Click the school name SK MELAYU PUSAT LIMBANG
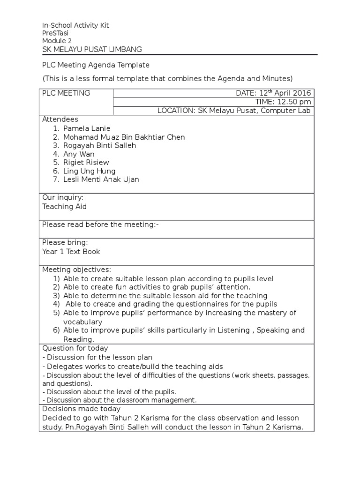(x=92, y=49)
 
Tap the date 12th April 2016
(x=274, y=93)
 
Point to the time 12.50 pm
(x=283, y=102)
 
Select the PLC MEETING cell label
(x=66, y=93)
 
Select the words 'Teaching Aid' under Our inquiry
(x=64, y=206)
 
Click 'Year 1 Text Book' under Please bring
(x=71, y=251)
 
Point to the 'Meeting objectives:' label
(x=77, y=270)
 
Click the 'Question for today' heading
(x=75, y=348)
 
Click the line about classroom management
(x=120, y=400)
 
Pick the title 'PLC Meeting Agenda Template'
(x=96, y=65)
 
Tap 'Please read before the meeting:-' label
(x=100, y=225)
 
